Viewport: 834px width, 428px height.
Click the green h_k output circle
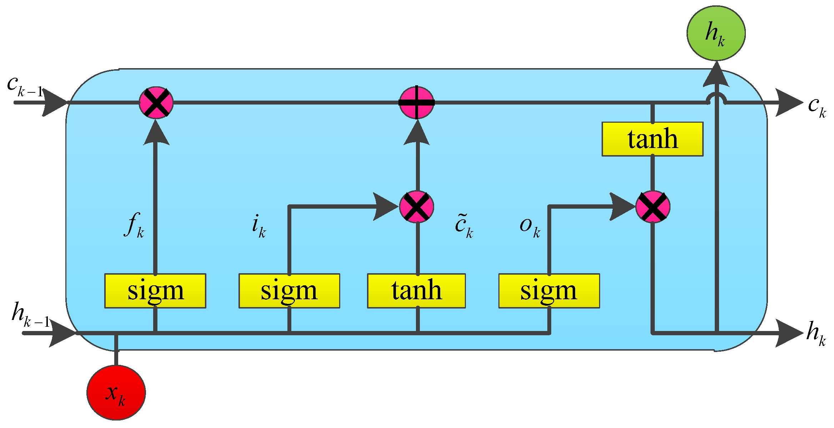716,33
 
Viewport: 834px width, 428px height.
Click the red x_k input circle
116,392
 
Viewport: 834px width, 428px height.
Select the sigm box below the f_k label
155,291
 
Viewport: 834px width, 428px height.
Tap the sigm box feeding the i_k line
289,291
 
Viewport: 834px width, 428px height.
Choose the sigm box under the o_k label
549,291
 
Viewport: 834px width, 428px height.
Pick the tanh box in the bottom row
416,291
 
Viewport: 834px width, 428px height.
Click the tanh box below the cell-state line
652,139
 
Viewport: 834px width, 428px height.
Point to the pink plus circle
416,102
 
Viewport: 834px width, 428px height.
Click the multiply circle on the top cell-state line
156,102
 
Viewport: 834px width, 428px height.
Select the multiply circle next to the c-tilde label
416,207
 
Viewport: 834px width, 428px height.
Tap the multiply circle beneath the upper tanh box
653,207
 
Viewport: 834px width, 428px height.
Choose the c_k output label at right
817,106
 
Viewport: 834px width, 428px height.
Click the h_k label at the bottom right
816,333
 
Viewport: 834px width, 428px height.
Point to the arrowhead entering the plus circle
417,133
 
